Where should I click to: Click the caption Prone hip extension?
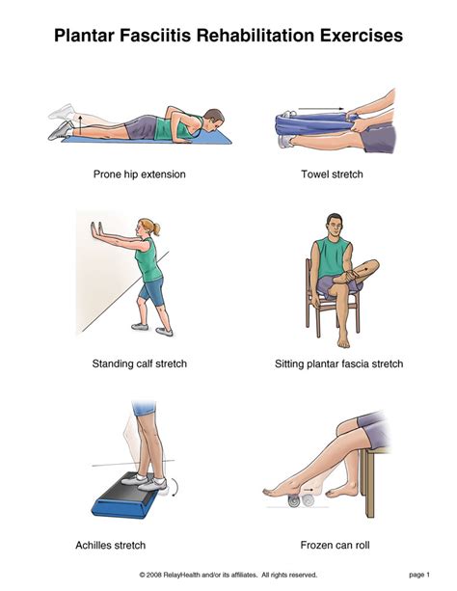pyautogui.click(x=140, y=175)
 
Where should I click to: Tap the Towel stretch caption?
pyautogui.click(x=332, y=175)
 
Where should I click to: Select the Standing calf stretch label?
pyautogui.click(x=140, y=363)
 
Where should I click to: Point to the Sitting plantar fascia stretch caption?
pyautogui.click(x=339, y=363)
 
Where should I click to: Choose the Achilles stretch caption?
pyautogui.click(x=111, y=545)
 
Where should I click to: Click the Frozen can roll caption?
pyautogui.click(x=335, y=545)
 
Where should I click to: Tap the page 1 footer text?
pyautogui.click(x=419, y=575)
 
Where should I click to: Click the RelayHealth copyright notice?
pyautogui.click(x=228, y=575)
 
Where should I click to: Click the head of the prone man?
pyautogui.click(x=214, y=120)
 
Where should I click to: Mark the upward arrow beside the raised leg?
pyautogui.click(x=80, y=124)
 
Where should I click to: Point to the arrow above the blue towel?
pyautogui.click(x=321, y=109)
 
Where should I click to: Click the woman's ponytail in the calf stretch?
pyautogui.click(x=156, y=228)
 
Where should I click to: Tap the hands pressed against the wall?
pyautogui.click(x=95, y=230)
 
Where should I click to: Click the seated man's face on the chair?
pyautogui.click(x=335, y=227)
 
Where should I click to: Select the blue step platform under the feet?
pyautogui.click(x=124, y=495)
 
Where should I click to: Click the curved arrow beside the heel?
pyautogui.click(x=175, y=487)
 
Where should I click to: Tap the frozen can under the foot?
pyautogui.click(x=302, y=500)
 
